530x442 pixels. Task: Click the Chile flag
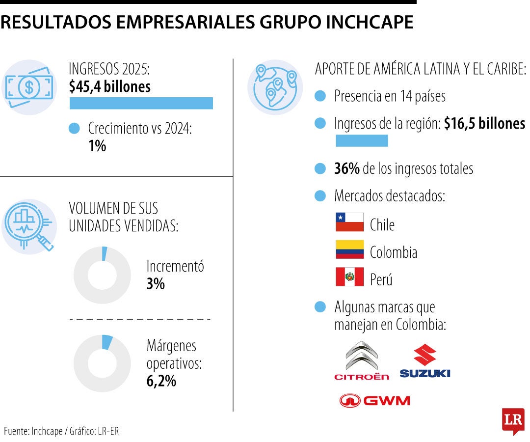[349, 222]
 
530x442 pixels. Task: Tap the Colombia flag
[349, 249]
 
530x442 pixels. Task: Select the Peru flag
[349, 277]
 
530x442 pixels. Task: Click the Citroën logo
[362, 361]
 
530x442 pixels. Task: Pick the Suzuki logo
[424, 361]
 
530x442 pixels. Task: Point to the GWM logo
[374, 401]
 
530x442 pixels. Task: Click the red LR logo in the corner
[513, 421]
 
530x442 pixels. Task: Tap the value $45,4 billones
[110, 87]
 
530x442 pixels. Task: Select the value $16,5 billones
[484, 124]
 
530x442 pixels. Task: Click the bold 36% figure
[347, 169]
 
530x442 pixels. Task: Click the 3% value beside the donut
[156, 284]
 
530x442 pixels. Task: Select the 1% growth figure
[97, 146]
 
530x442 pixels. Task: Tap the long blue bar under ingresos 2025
[141, 103]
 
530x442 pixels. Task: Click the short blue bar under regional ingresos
[362, 141]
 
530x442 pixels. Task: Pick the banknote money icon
[28, 87]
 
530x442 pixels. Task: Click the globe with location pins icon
[275, 87]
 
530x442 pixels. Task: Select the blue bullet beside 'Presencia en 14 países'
[320, 96]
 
